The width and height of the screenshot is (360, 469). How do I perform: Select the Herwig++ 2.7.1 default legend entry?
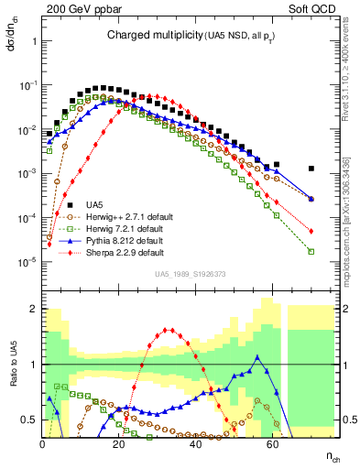point(125,216)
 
